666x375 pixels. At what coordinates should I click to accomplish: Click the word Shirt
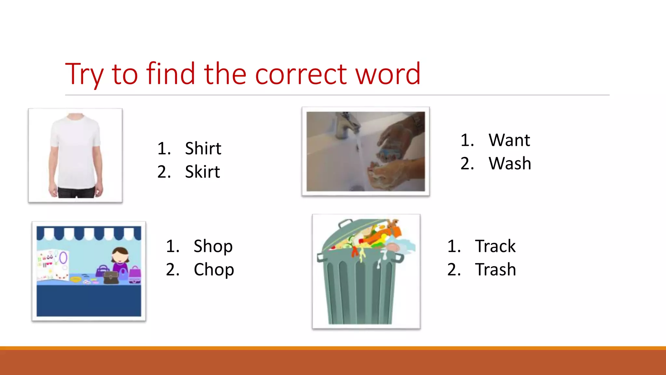coord(203,148)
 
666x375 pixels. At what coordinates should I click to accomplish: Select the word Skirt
coord(202,172)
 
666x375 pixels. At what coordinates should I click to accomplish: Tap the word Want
coord(509,140)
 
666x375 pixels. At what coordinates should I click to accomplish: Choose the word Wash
coord(510,163)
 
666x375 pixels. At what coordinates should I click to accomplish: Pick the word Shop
coord(213,246)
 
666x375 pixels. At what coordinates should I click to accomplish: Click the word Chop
coord(214,270)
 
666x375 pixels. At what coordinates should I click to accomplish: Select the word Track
coord(495,246)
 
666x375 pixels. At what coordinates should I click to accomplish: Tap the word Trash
coord(495,270)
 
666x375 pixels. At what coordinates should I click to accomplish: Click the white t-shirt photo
coord(75,155)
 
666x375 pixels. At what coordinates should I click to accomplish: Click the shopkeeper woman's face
coord(120,256)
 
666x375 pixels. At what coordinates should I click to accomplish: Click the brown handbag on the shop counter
coord(111,277)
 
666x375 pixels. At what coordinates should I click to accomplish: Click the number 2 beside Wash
coord(467,163)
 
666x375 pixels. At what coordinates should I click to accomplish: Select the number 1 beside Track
coord(454,246)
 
